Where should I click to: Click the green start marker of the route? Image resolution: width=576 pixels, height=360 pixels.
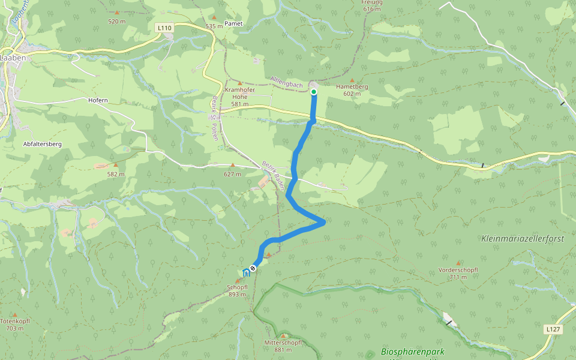pos(314,92)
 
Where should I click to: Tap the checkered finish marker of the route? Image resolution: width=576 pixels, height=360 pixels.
pos(253,268)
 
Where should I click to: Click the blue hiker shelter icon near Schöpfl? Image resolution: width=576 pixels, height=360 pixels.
pos(245,273)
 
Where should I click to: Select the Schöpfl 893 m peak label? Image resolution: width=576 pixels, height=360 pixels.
pos(236,290)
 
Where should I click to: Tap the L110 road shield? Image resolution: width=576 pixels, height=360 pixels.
pos(164,28)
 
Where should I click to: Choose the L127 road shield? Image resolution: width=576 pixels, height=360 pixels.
pos(553,329)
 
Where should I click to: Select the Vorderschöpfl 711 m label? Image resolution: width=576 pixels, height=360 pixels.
pos(458,273)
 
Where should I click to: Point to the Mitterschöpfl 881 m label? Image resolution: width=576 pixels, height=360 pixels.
pos(283,346)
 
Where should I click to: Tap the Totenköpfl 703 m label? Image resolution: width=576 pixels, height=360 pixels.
pos(15,325)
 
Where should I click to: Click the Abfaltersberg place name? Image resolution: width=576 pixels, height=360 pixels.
pos(42,144)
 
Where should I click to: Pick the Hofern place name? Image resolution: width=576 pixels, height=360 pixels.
pos(98,100)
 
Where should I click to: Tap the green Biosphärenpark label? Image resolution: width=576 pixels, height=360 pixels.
pos(414,352)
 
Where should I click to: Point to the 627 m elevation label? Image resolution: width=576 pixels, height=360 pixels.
pos(232,174)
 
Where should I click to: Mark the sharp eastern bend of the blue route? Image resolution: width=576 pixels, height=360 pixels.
pos(324,222)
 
